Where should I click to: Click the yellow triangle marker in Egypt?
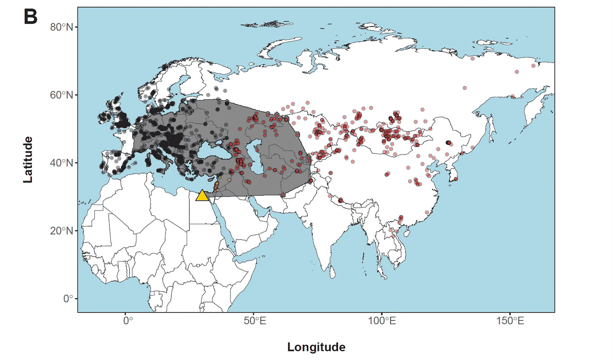[202, 196]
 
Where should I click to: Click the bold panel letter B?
[30, 17]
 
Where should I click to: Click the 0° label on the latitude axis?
[68, 299]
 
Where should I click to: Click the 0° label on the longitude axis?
[128, 321]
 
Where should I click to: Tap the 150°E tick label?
[510, 321]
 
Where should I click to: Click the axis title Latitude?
[28, 160]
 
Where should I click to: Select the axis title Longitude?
[316, 347]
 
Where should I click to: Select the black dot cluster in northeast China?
[449, 142]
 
